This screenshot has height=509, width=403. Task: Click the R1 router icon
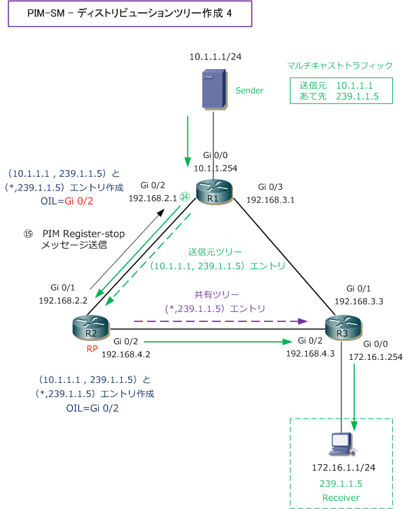click(x=215, y=192)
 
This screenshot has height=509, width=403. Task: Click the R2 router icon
click(x=91, y=327)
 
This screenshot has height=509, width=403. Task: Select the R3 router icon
click(x=343, y=327)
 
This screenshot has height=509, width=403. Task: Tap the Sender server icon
click(x=214, y=89)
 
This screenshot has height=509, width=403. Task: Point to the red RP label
click(x=92, y=349)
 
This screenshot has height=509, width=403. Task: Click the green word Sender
click(x=249, y=91)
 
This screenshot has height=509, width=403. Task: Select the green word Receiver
click(x=341, y=497)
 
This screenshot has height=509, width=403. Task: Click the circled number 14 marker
click(x=185, y=197)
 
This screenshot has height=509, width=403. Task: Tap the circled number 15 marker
click(x=28, y=234)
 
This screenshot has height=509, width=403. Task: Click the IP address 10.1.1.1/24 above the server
click(x=215, y=57)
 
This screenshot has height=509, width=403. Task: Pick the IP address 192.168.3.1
click(x=270, y=200)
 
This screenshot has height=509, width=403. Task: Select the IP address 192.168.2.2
click(x=63, y=301)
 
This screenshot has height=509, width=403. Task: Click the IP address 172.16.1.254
click(x=375, y=357)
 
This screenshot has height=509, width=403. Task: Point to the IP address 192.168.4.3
click(x=310, y=354)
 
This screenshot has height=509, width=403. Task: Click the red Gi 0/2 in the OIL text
click(x=79, y=201)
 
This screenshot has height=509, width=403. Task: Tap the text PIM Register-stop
click(x=84, y=234)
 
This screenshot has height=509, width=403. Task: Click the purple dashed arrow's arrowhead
click(x=303, y=321)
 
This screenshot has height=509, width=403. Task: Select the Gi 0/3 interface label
click(x=270, y=187)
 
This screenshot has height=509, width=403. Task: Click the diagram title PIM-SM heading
click(x=130, y=14)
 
